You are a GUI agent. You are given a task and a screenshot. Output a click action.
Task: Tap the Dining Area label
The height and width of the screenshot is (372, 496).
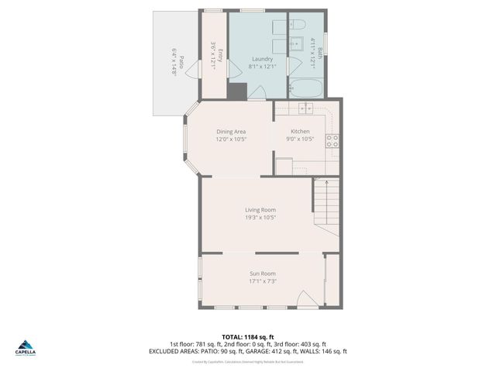[231, 132]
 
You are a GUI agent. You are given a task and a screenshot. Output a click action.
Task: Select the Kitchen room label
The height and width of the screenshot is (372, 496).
[300, 132]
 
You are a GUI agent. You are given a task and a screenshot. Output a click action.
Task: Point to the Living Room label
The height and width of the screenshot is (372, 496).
[260, 210]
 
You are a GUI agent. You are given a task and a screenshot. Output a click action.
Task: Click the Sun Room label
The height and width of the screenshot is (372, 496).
[263, 274]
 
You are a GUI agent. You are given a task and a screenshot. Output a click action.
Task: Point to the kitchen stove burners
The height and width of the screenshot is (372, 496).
[332, 141]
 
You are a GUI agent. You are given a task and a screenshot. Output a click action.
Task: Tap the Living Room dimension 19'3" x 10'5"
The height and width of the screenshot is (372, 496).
[260, 218]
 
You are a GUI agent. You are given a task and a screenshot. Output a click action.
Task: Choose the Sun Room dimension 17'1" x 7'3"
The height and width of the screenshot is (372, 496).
[263, 281]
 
